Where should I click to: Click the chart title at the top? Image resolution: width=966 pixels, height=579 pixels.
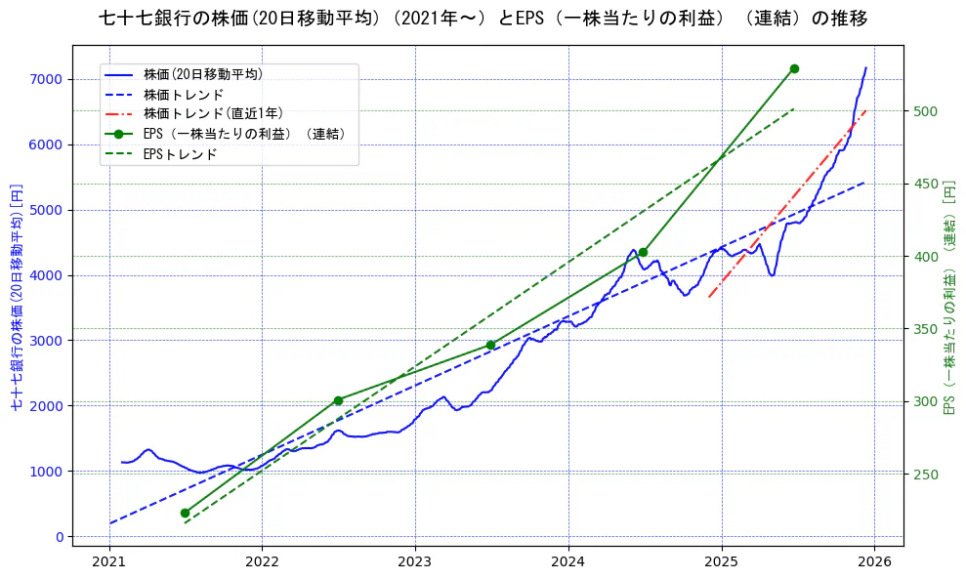(483, 19)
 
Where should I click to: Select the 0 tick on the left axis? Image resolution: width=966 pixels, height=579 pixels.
(59, 537)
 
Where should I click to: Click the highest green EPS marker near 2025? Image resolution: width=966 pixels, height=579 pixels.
(794, 68)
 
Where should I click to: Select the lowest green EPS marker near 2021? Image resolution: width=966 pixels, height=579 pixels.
(185, 513)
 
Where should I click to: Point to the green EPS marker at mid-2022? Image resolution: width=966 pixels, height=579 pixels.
(338, 400)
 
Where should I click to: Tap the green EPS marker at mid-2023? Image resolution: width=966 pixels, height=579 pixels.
(490, 345)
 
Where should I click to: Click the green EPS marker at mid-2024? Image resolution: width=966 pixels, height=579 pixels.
(643, 252)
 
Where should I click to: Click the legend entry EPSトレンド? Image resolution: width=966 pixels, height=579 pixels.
(180, 154)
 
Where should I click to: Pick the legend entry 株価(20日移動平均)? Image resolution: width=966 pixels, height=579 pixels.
(202, 73)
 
